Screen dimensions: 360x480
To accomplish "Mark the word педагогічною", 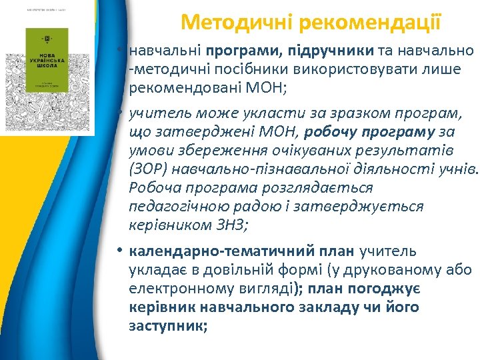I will [x=174, y=207].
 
